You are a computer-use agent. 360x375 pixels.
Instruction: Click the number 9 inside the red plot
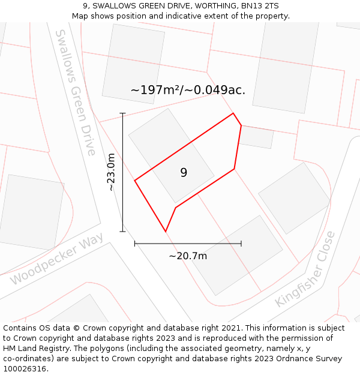(184, 173)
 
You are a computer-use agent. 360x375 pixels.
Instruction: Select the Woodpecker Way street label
(57, 259)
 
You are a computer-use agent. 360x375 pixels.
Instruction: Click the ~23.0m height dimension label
(111, 172)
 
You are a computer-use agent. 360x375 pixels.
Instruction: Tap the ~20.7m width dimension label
(188, 256)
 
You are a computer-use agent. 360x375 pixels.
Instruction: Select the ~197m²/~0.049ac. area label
(188, 90)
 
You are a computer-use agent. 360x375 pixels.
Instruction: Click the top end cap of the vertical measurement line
(122, 113)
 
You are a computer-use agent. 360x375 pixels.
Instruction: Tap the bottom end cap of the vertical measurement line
(122, 231)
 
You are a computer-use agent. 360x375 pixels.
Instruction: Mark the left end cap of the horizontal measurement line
(135, 244)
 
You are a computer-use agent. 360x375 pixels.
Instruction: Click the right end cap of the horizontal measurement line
(241, 244)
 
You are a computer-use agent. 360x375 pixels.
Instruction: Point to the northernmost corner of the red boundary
(233, 113)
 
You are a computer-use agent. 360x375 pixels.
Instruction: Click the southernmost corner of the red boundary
(165, 232)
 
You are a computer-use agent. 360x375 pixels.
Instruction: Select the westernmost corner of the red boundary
(135, 180)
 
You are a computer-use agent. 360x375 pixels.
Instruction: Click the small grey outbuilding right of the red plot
(257, 137)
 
